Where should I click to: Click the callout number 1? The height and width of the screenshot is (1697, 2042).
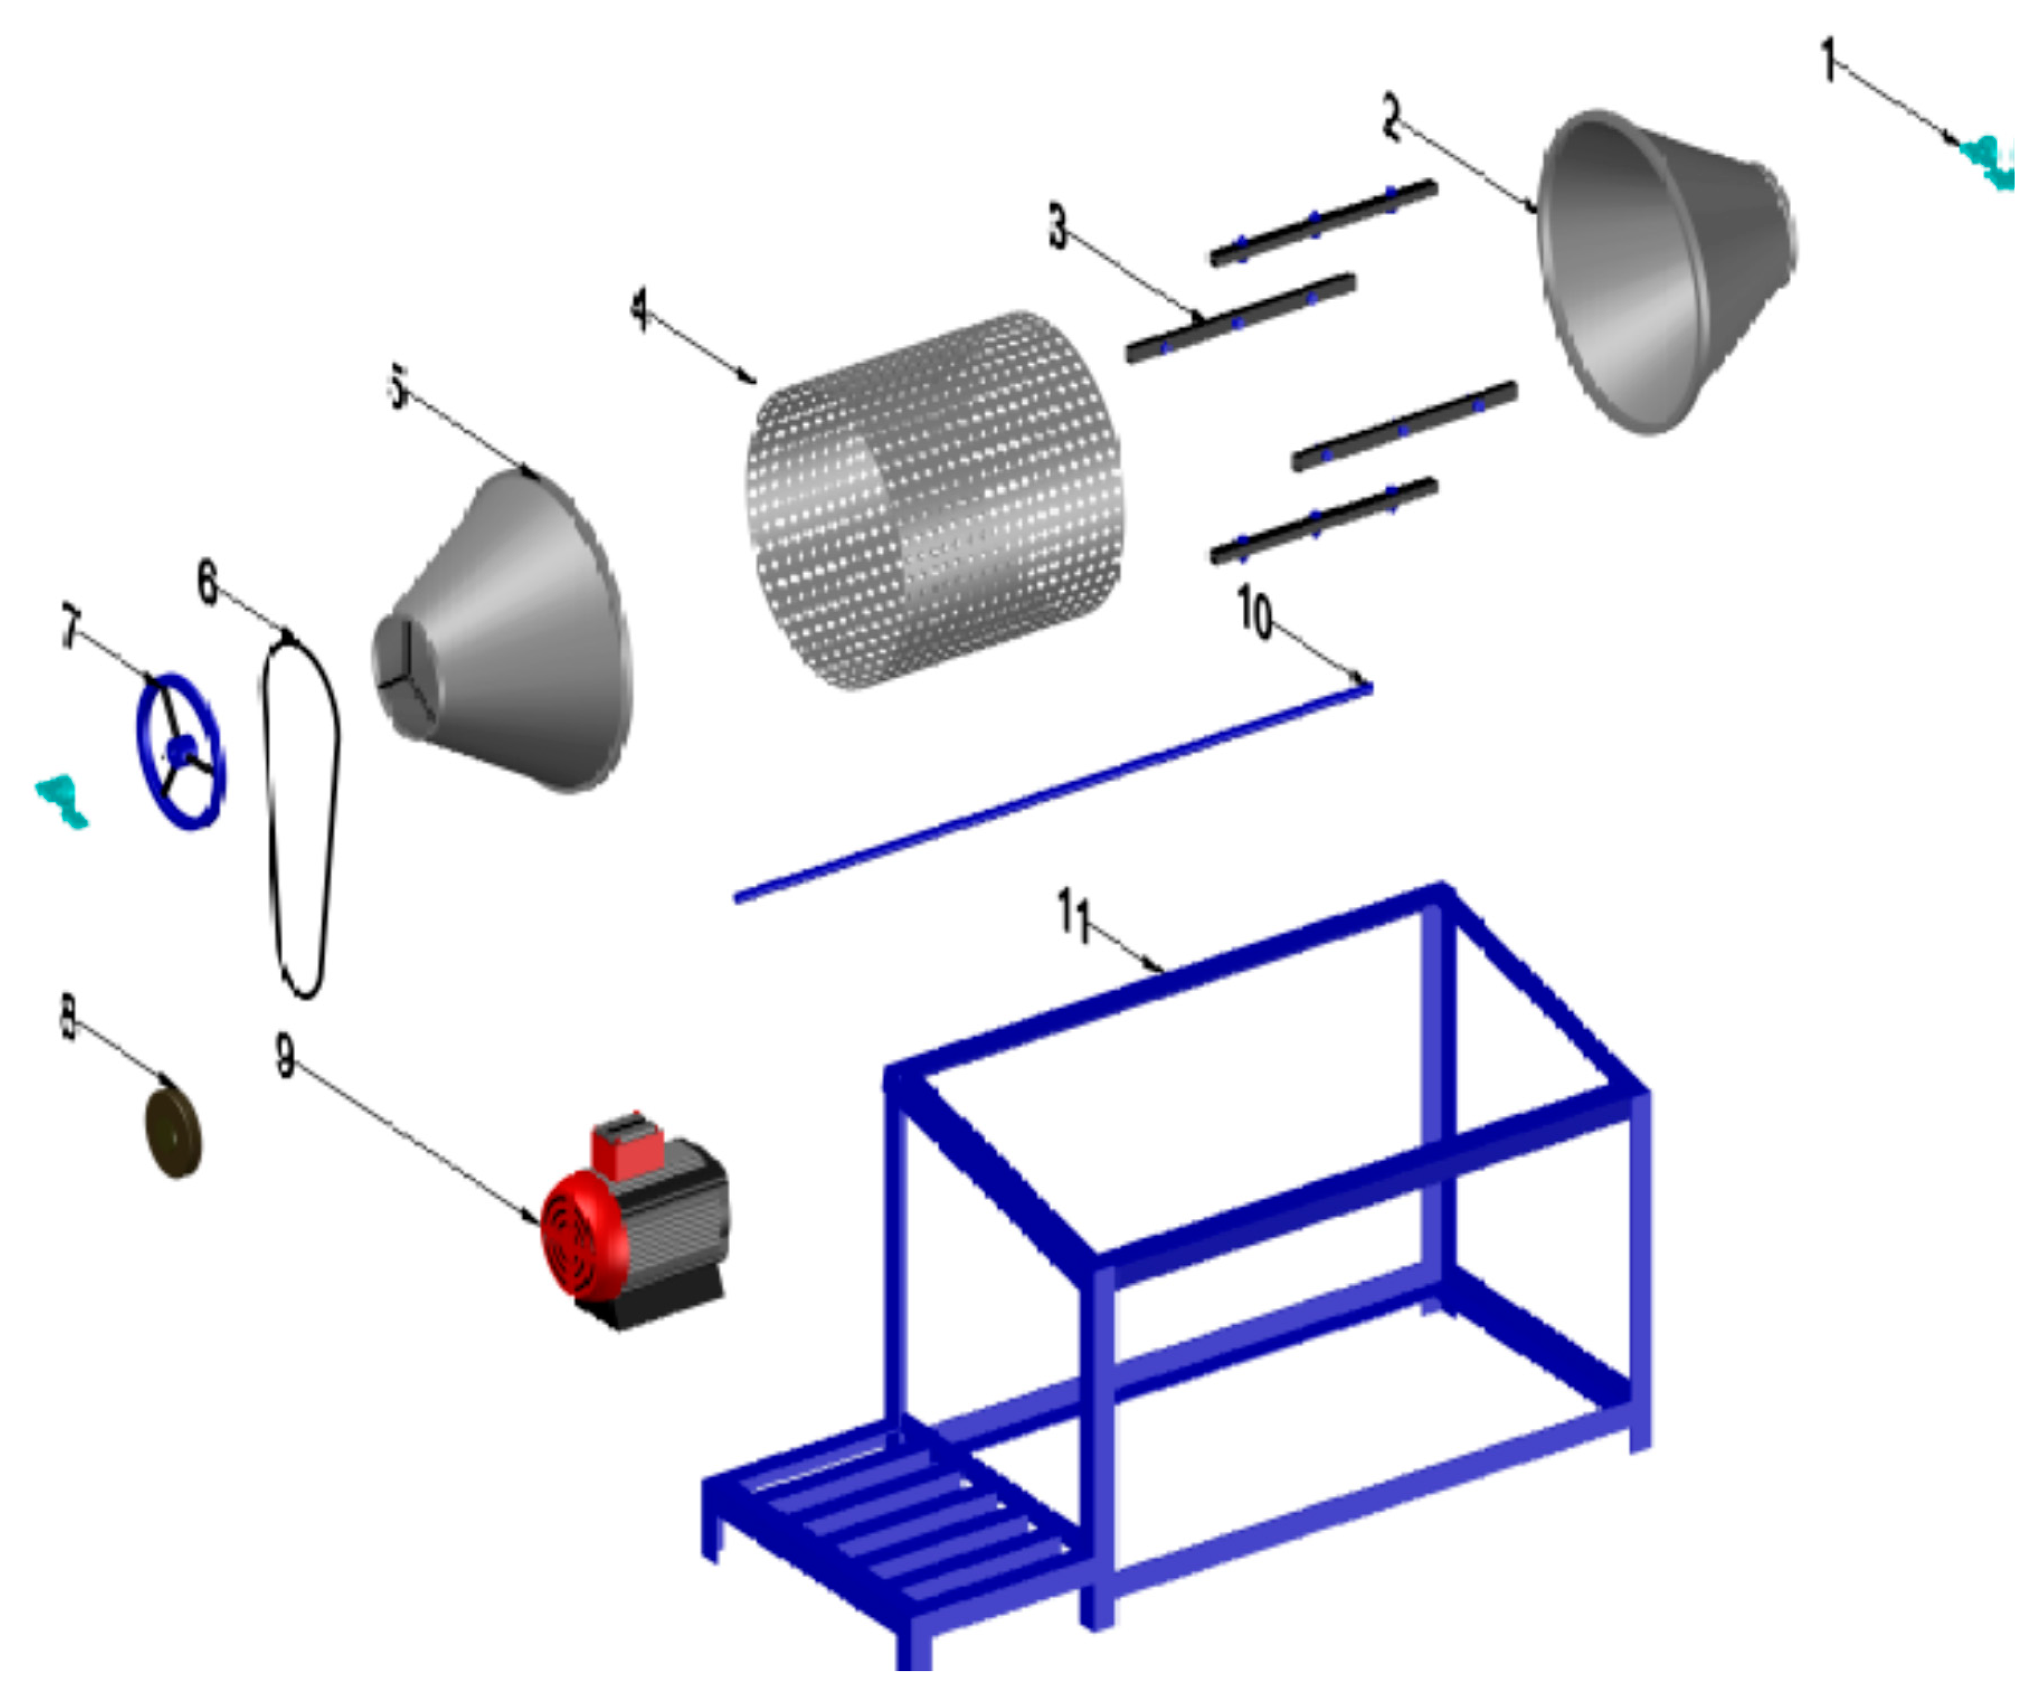point(1828,60)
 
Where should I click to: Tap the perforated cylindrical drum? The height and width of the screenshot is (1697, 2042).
point(934,501)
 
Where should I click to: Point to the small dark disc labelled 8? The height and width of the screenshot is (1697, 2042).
point(173,1133)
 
